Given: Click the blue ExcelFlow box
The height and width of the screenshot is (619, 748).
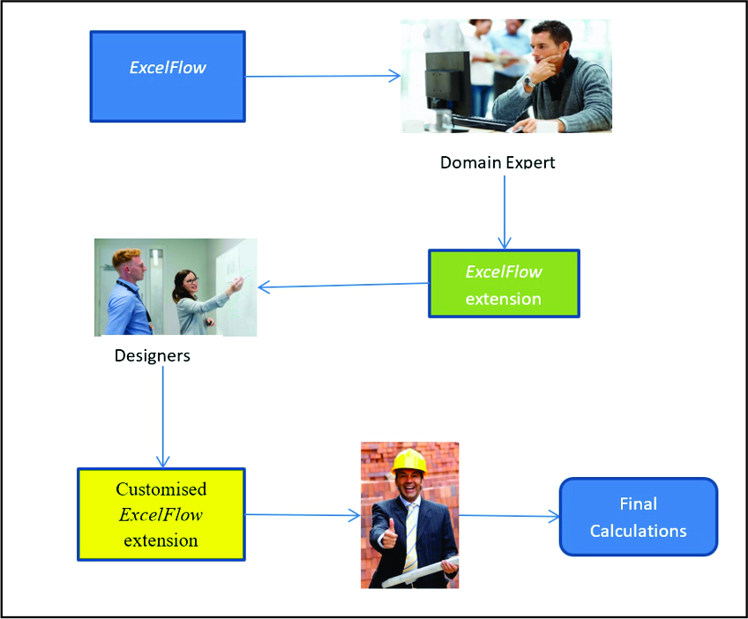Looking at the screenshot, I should pyautogui.click(x=168, y=77).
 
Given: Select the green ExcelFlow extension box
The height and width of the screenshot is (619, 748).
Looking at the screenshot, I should pyautogui.click(x=504, y=283).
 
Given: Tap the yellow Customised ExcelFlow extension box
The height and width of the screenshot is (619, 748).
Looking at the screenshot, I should pyautogui.click(x=161, y=514).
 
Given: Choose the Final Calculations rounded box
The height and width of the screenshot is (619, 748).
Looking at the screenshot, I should pyautogui.click(x=638, y=517).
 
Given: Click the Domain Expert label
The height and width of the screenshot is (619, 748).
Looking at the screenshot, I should pyautogui.click(x=497, y=162).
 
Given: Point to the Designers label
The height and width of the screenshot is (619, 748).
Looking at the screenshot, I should pyautogui.click(x=152, y=356).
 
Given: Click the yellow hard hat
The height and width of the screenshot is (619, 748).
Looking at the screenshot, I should pyautogui.click(x=409, y=461).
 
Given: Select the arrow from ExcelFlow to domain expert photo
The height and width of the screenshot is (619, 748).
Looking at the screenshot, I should pyautogui.click(x=322, y=77).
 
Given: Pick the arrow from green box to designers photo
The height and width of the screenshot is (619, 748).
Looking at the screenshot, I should pyautogui.click(x=344, y=285).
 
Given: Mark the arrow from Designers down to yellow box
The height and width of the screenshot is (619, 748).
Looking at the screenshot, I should pyautogui.click(x=163, y=414).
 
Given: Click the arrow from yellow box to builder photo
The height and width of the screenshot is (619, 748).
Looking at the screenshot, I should pyautogui.click(x=302, y=515).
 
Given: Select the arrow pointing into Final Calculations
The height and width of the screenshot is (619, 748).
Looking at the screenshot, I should pyautogui.click(x=509, y=516).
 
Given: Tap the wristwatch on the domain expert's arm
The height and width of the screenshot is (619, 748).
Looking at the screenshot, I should pyautogui.click(x=527, y=82).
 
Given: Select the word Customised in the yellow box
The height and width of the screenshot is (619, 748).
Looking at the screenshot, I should pyautogui.click(x=161, y=489).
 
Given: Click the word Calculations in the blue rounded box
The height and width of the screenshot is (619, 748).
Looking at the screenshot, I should pyautogui.click(x=638, y=531).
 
